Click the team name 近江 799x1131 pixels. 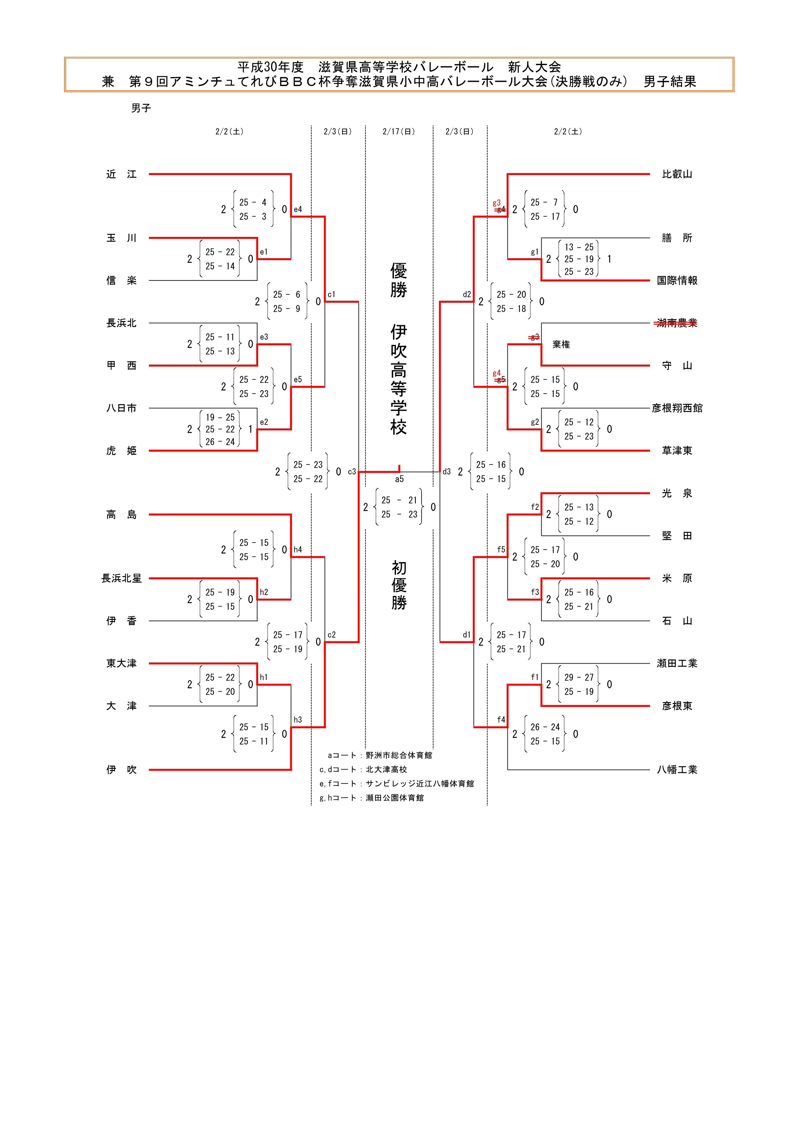121,174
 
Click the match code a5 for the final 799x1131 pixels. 399,479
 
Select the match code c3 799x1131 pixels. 352,472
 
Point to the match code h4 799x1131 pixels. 298,550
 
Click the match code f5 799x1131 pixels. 501,550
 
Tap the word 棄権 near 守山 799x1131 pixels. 561,345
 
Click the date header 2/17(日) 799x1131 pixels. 399,132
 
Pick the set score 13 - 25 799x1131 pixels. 579,247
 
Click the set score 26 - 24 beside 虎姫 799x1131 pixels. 220,442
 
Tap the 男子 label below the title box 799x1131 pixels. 141,108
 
